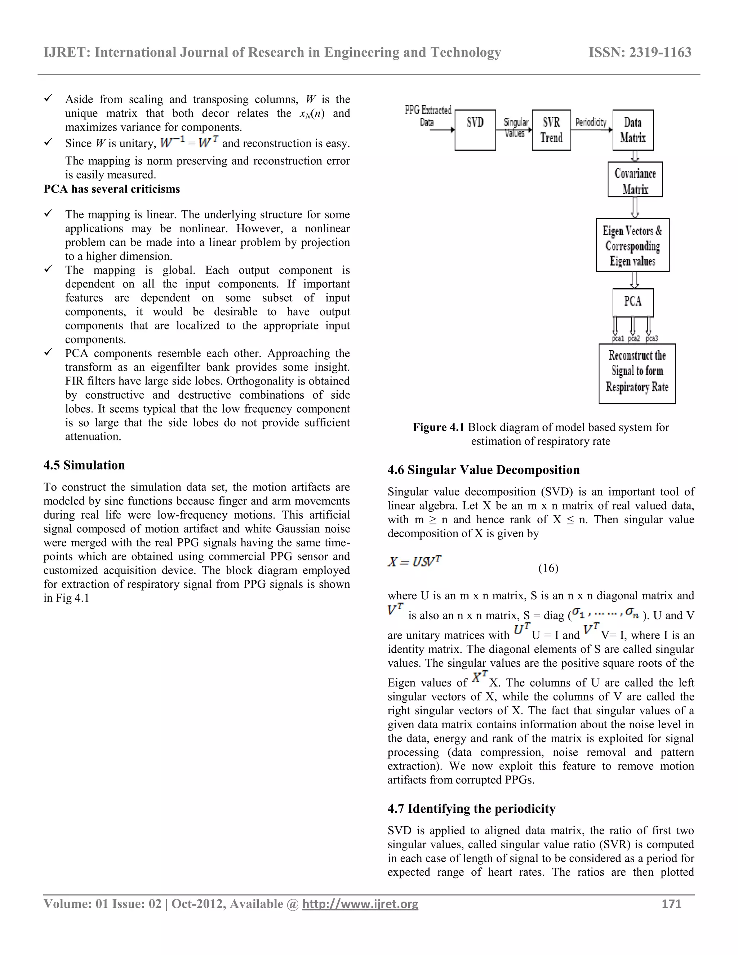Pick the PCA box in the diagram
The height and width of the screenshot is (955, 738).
pos(633,302)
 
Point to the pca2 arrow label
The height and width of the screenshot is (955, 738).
pos(634,338)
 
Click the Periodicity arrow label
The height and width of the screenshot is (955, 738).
pos(591,122)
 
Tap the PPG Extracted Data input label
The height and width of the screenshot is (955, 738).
pos(428,116)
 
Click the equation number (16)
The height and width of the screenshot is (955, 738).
pos(548,568)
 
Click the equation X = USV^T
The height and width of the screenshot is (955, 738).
pos(414,561)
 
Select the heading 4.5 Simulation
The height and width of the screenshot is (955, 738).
pos(84,465)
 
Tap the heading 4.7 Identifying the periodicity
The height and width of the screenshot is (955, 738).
pos(471,809)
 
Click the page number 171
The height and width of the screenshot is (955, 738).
pos(672,904)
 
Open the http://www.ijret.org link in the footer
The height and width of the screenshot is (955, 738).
pos(360,904)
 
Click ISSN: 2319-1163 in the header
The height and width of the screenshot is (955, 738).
pos(640,53)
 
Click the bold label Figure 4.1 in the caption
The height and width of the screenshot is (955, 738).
pos(438,427)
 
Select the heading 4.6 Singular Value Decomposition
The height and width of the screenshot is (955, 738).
pos(484,470)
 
